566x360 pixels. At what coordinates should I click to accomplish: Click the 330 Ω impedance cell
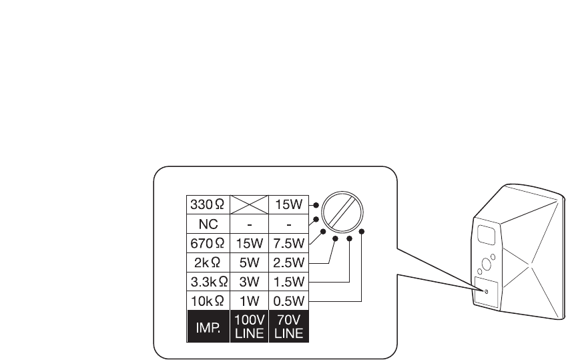(208, 204)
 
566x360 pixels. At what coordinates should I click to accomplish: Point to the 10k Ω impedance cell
(208, 293)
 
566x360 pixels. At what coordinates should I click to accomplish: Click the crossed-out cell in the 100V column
(249, 204)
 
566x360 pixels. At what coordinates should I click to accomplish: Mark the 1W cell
(249, 293)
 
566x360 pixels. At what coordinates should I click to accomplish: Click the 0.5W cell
(288, 293)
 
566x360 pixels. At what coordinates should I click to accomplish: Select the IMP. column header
(208, 327)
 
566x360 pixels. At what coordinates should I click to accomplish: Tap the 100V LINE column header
(249, 327)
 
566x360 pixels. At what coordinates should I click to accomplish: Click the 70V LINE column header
(288, 327)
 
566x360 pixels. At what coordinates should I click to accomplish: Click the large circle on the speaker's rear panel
(487, 264)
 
